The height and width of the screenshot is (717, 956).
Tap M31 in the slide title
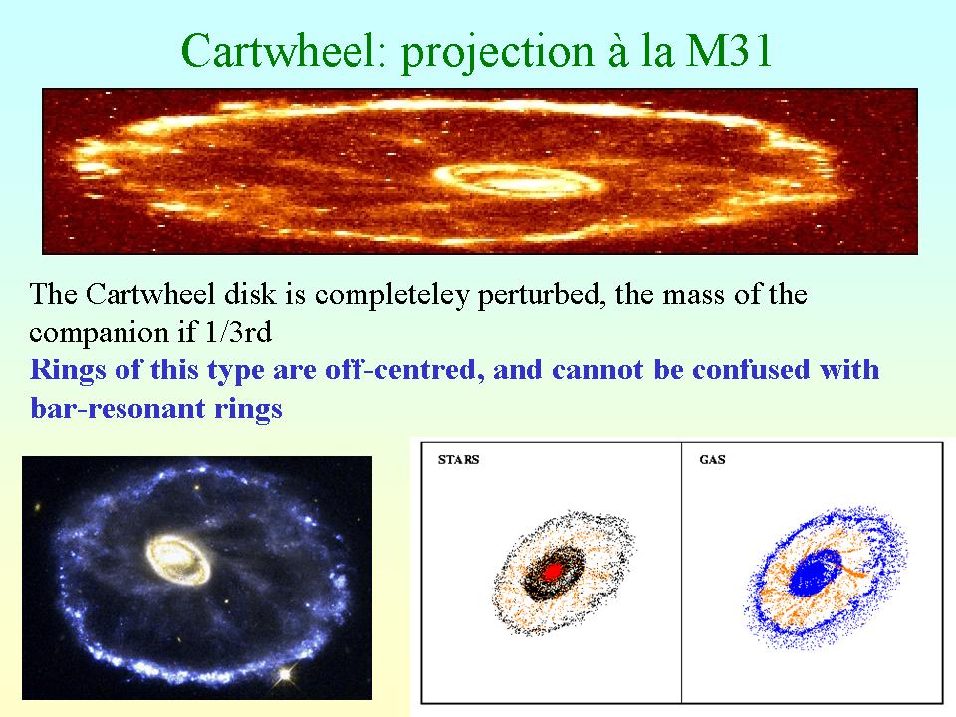coord(729,50)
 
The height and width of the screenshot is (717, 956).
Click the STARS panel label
coord(458,460)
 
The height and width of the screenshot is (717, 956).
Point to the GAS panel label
coord(712,460)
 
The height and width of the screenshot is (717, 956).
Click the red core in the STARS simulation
coord(553,572)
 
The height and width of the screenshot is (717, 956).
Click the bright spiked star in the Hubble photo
coord(284,674)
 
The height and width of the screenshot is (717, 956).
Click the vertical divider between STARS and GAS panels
coord(681,573)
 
